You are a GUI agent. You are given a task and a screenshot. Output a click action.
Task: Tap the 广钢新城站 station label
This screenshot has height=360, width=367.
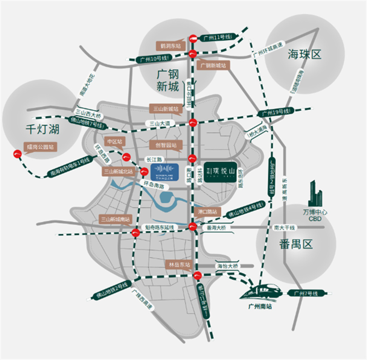[214, 66]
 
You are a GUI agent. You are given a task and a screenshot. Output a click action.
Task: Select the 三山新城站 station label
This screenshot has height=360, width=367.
[167, 109]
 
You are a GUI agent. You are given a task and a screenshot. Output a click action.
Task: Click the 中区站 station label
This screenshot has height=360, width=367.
[115, 141]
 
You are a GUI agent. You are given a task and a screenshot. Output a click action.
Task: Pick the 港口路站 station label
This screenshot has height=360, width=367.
[208, 212]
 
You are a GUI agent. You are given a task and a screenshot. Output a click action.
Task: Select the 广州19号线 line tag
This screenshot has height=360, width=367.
[276, 112]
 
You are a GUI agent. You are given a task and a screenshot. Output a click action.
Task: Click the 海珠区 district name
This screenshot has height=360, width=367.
[304, 55]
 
